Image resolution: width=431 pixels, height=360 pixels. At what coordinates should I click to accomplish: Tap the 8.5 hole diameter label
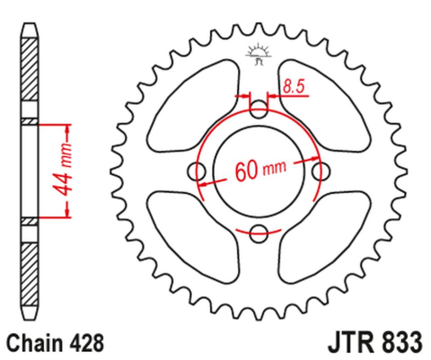pyautogui.click(x=291, y=87)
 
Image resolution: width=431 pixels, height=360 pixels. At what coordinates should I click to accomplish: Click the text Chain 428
pyautogui.click(x=57, y=342)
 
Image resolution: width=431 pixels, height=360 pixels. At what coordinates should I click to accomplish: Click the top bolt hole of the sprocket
pyautogui.click(x=259, y=110)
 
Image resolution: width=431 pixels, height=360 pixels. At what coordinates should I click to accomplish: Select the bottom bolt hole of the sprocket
pyautogui.click(x=259, y=234)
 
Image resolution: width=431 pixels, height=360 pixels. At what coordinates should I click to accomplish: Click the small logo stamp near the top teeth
pyautogui.click(x=259, y=55)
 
